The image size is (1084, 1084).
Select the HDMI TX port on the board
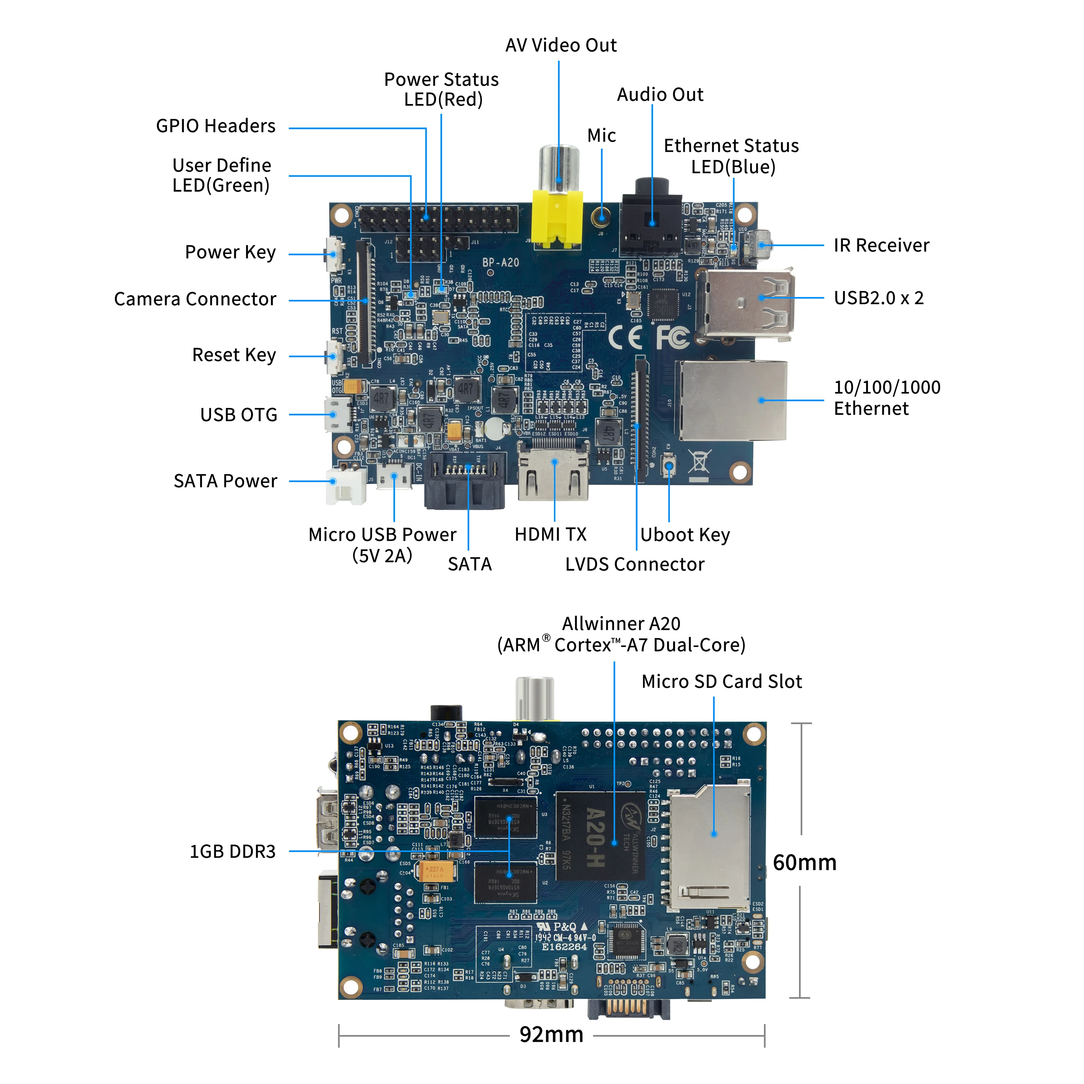click(554, 471)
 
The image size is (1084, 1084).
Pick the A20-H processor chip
click(599, 836)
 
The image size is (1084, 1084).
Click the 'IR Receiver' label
click(881, 246)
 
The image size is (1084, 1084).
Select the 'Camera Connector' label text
click(195, 300)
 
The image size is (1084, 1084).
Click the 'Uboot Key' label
click(684, 535)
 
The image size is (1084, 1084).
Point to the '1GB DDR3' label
click(232, 852)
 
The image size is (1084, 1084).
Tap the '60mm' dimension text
click(804, 863)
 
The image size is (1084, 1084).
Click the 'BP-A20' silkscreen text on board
click(500, 263)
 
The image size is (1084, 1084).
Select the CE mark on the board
click(624, 337)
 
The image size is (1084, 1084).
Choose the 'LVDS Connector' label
click(635, 564)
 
